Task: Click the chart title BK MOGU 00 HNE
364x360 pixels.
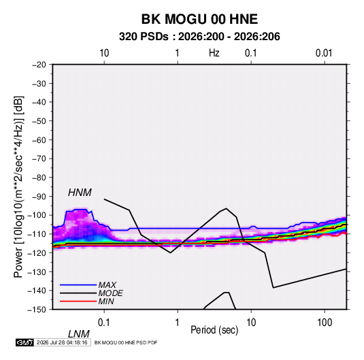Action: point(199,19)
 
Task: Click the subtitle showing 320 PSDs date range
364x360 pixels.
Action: point(199,37)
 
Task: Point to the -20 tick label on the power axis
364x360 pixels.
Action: point(39,65)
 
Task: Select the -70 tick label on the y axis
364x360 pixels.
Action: point(39,159)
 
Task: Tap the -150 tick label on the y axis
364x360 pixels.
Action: point(37,310)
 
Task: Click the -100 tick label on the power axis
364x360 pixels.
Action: point(37,215)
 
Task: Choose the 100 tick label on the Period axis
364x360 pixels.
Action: point(325,323)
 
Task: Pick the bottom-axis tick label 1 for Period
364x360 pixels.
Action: point(178,323)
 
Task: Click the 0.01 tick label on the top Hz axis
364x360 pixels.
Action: point(324,53)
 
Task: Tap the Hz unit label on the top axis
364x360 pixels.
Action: point(214,53)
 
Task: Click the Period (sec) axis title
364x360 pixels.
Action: point(214,330)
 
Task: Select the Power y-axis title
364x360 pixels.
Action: point(18,187)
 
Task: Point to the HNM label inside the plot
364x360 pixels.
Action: point(80,193)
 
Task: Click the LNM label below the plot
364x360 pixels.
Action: point(78,334)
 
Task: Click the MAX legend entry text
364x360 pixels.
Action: point(107,285)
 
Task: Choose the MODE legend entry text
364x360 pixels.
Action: point(110,293)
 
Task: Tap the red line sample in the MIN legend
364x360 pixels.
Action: point(78,301)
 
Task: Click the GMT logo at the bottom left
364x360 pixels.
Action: point(25,342)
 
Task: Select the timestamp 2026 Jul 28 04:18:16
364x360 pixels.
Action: point(62,342)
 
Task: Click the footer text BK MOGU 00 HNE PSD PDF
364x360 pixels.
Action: point(126,342)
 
